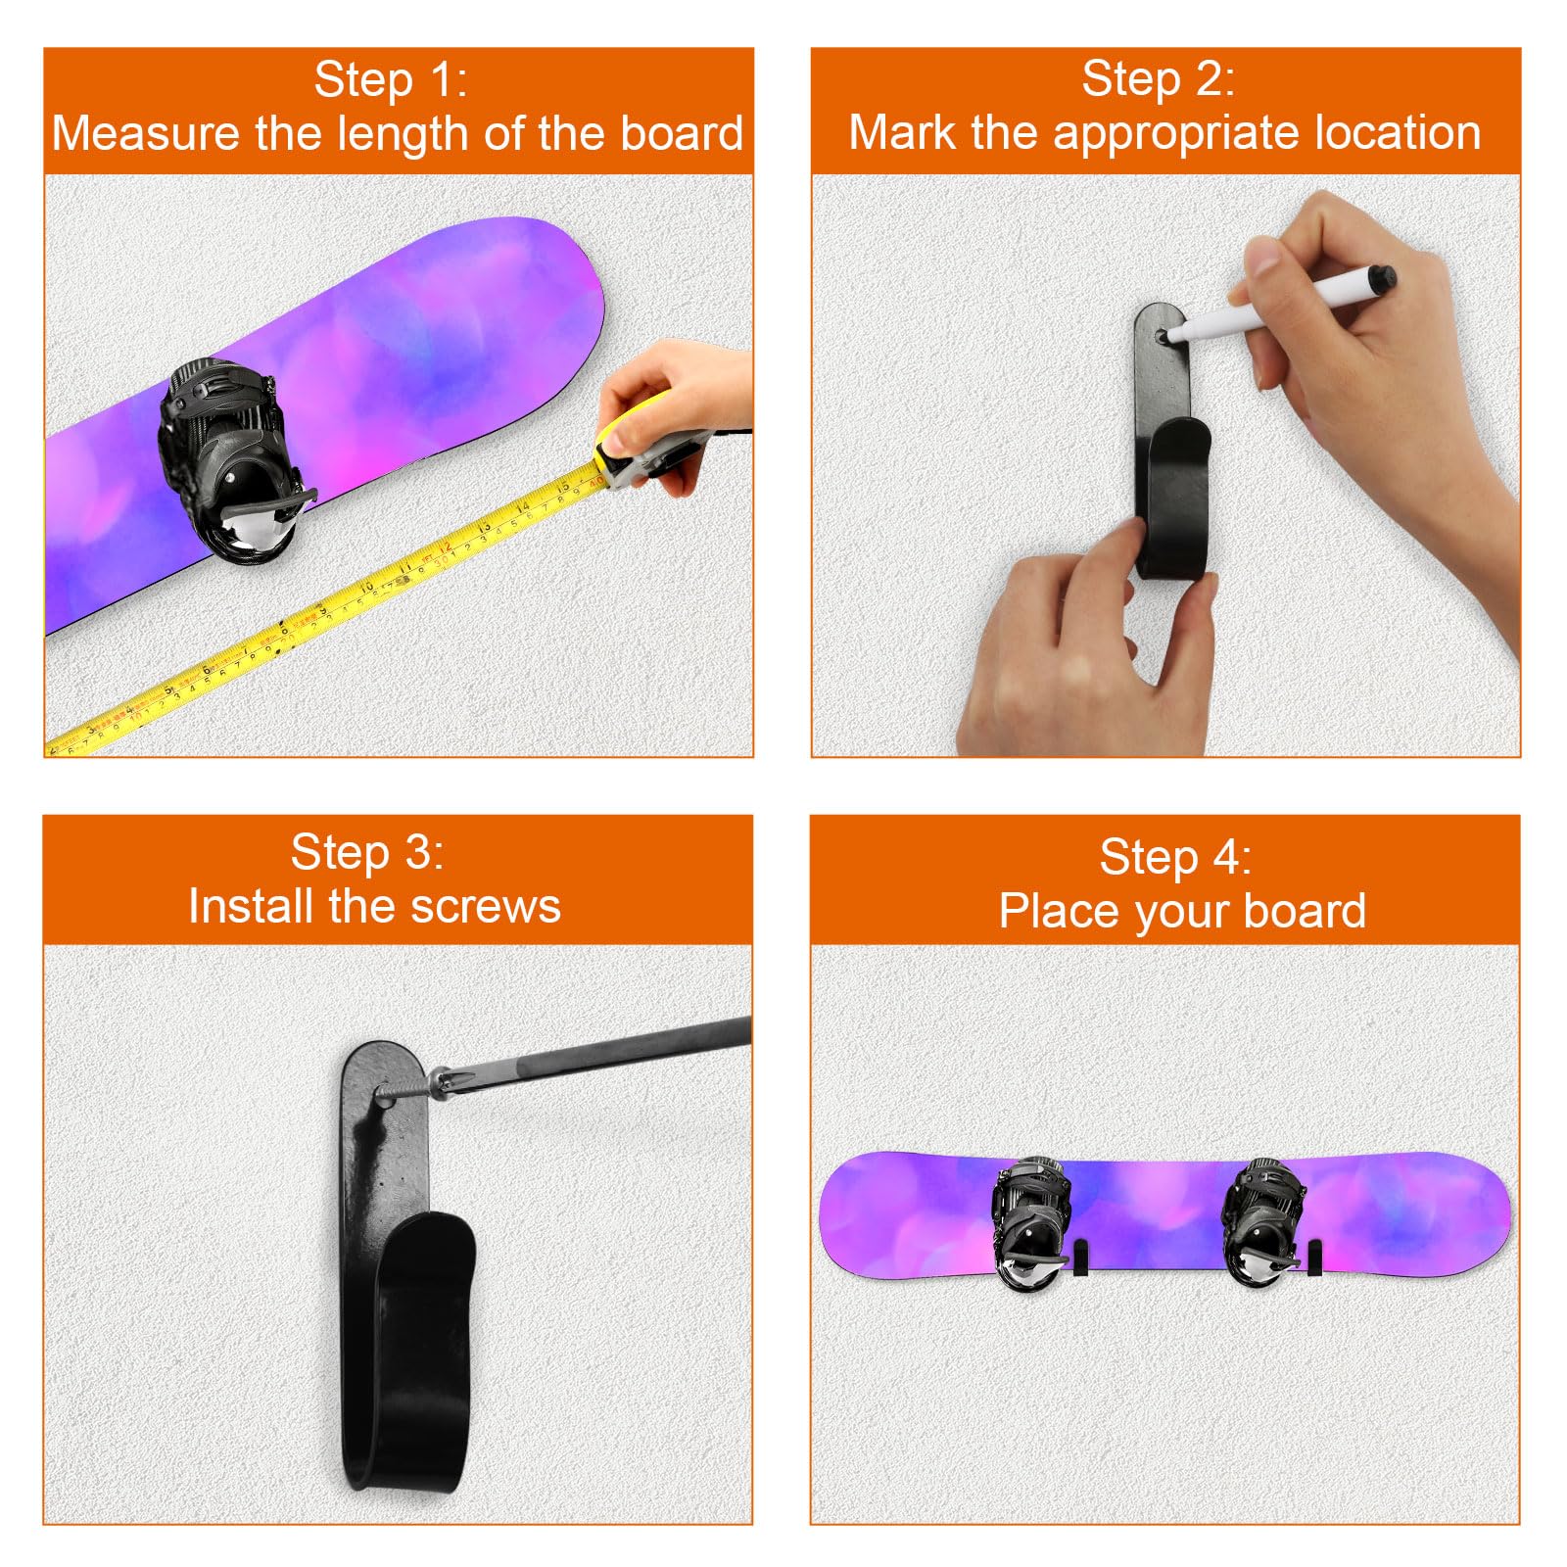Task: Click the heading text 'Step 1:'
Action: click(391, 80)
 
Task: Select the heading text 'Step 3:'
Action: click(367, 852)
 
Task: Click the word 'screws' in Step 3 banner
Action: click(486, 906)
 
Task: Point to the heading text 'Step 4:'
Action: click(1174, 858)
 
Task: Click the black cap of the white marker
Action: click(1382, 279)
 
